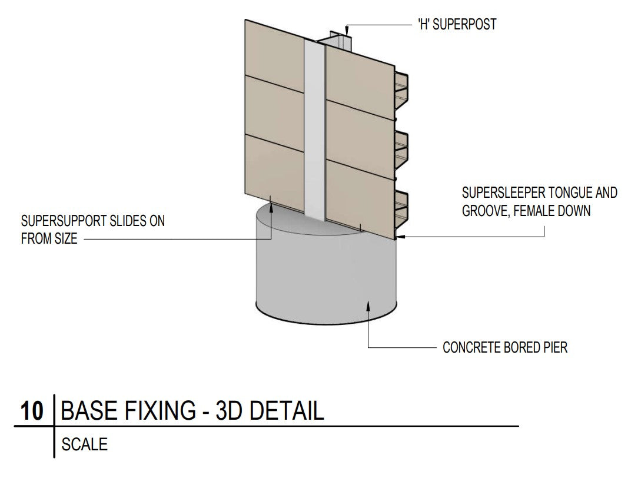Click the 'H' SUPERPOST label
457,25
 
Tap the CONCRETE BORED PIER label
505,347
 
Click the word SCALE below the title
84,444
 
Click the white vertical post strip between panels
315,130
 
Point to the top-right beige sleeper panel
359,77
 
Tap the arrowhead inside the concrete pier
368,304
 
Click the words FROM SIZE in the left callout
49,239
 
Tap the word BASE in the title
86,411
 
